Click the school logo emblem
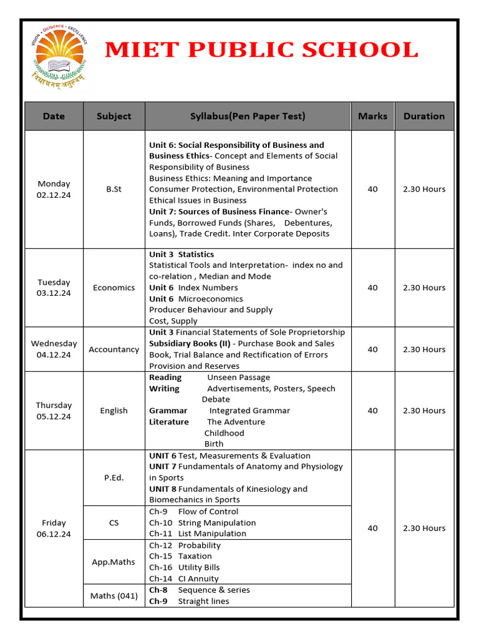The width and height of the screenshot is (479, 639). [x=60, y=56]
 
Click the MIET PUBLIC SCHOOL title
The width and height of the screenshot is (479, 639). [x=261, y=50]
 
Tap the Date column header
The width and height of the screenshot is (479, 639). [x=54, y=116]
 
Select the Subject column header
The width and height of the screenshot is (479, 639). [x=114, y=116]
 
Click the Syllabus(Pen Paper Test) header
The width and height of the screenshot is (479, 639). [x=248, y=116]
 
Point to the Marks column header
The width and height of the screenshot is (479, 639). [x=372, y=116]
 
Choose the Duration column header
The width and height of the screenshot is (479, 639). [x=424, y=116]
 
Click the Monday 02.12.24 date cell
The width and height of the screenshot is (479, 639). [x=54, y=189]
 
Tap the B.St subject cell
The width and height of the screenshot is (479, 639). [x=114, y=189]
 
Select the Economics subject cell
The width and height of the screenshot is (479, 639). [x=114, y=288]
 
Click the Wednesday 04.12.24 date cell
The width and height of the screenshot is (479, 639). [x=54, y=349]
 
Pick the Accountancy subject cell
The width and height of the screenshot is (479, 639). [x=114, y=349]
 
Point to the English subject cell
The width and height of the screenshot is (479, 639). [x=114, y=411]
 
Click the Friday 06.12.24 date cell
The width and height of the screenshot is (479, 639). [x=54, y=528]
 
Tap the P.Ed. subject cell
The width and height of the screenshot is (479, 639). [x=114, y=477]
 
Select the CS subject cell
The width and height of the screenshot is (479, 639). [x=114, y=522]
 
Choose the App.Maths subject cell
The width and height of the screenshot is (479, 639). [x=114, y=562]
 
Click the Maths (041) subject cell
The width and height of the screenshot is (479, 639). [x=114, y=595]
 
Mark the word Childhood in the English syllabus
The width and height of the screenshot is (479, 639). [x=225, y=433]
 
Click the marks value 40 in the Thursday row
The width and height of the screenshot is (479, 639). [x=372, y=411]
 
